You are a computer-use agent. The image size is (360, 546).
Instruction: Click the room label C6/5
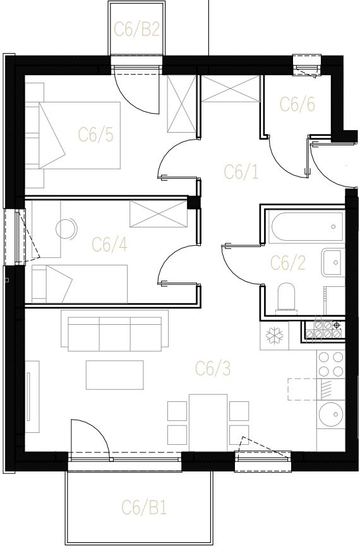(96, 135)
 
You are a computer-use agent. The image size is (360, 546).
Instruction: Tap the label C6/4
(109, 245)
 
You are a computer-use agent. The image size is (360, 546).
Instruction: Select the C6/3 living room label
(213, 368)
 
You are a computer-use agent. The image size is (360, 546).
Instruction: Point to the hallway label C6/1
(241, 172)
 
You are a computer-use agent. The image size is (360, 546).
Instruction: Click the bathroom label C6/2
(288, 263)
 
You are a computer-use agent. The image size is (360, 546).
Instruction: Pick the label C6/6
(297, 104)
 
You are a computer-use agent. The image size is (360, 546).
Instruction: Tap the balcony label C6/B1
(144, 507)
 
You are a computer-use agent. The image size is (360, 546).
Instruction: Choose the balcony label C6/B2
(136, 29)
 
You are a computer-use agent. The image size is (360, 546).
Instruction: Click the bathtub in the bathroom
(306, 227)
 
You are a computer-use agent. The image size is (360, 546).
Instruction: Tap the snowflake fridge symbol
(274, 336)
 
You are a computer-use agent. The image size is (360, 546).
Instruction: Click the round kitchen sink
(331, 415)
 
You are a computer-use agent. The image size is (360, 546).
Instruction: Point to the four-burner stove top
(331, 365)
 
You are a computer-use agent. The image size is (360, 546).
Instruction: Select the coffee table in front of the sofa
(115, 375)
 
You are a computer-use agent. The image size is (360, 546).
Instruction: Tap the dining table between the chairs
(208, 423)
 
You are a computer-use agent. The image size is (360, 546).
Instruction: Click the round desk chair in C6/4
(66, 229)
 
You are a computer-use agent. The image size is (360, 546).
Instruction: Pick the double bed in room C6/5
(80, 135)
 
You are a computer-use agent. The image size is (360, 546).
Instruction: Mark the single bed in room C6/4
(80, 284)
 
